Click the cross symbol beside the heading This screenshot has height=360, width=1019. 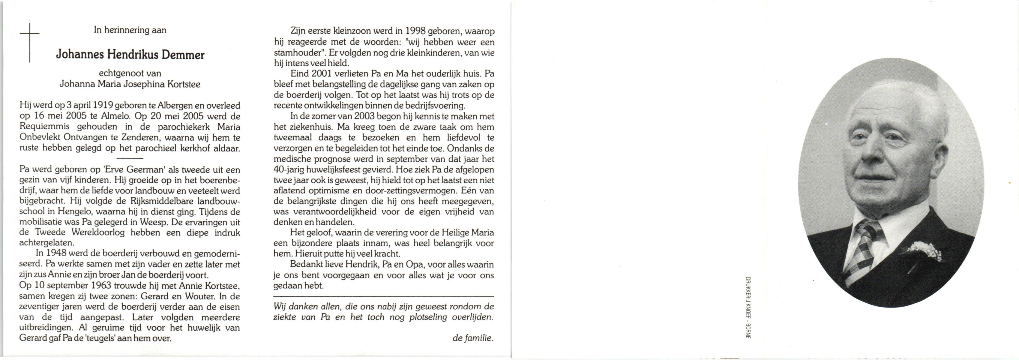[30, 42]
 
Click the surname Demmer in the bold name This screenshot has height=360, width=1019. [183, 55]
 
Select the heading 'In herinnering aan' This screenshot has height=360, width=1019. [130, 30]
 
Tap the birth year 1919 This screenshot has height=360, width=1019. [103, 106]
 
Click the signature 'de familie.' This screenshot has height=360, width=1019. [473, 338]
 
